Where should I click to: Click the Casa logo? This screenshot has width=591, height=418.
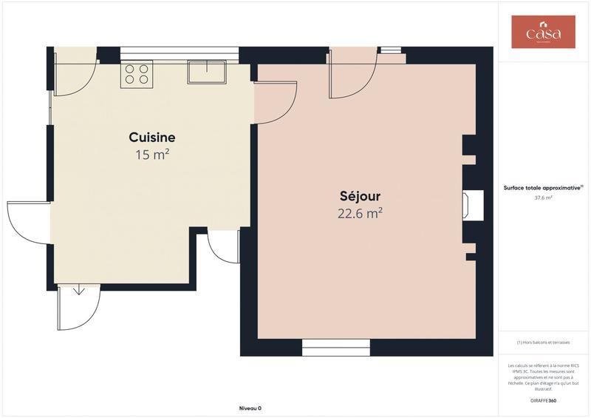(x=543, y=33)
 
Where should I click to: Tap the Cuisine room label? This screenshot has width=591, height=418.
(x=151, y=138)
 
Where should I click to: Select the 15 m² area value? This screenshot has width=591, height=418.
(x=152, y=155)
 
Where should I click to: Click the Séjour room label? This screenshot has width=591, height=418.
(x=360, y=197)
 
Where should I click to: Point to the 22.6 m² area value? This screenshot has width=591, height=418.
(x=360, y=214)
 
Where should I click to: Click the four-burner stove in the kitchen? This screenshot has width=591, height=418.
(x=137, y=74)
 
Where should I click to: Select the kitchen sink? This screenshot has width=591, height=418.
(x=207, y=72)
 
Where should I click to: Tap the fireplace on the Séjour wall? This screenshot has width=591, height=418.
(x=471, y=205)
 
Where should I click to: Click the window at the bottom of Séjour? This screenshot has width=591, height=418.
(x=336, y=347)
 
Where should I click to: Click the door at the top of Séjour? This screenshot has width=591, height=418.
(x=353, y=74)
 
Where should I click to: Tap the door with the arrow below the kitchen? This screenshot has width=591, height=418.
(x=77, y=306)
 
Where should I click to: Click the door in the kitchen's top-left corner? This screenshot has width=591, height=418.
(x=74, y=73)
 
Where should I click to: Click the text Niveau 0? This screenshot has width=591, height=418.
(x=250, y=408)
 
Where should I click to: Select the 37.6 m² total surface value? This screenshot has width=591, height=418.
(x=543, y=198)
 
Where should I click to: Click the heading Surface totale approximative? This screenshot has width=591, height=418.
(x=543, y=188)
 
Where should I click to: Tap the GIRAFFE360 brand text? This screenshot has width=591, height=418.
(x=543, y=401)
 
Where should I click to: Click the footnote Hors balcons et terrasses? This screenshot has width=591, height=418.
(x=543, y=342)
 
